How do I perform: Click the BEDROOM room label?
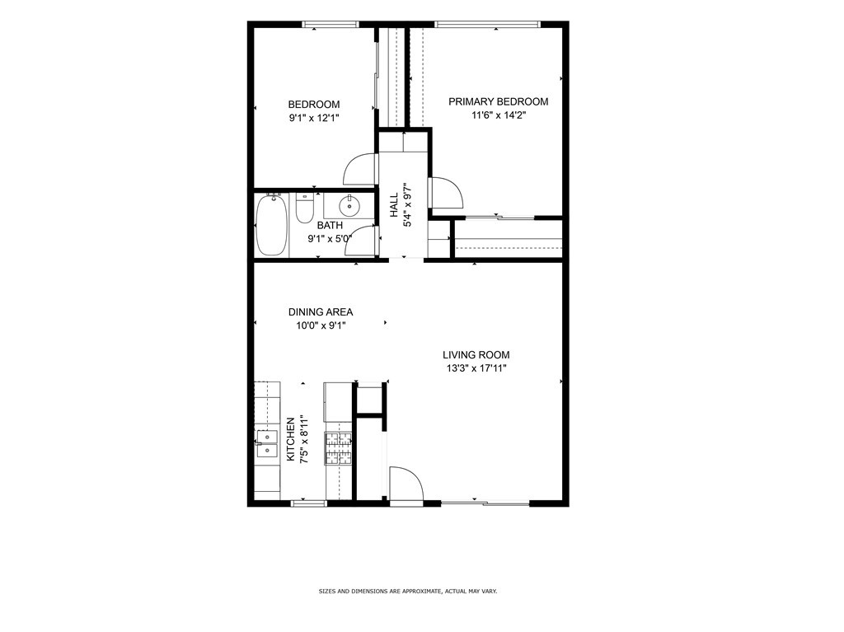click(x=314, y=105)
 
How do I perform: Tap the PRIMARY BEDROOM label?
click(x=499, y=101)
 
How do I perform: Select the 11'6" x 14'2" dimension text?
click(x=499, y=115)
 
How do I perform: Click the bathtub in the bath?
click(x=272, y=225)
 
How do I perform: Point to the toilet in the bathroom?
click(x=305, y=208)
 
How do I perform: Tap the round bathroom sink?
click(x=349, y=205)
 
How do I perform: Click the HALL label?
click(x=394, y=205)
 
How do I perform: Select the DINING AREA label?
click(x=321, y=312)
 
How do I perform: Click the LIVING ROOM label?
click(x=476, y=355)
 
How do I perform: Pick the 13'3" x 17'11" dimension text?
click(x=476, y=369)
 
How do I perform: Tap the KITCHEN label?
click(x=291, y=439)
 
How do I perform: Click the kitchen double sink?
click(x=267, y=443)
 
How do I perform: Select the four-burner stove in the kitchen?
click(x=338, y=448)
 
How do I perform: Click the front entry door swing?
click(x=406, y=484)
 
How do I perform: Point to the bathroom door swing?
click(x=361, y=241)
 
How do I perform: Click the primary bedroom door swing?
click(x=447, y=192)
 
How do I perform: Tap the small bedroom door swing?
click(x=359, y=170)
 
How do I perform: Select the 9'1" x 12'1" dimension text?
click(x=314, y=118)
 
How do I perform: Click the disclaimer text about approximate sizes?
click(x=408, y=591)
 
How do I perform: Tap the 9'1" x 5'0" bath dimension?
click(x=330, y=238)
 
